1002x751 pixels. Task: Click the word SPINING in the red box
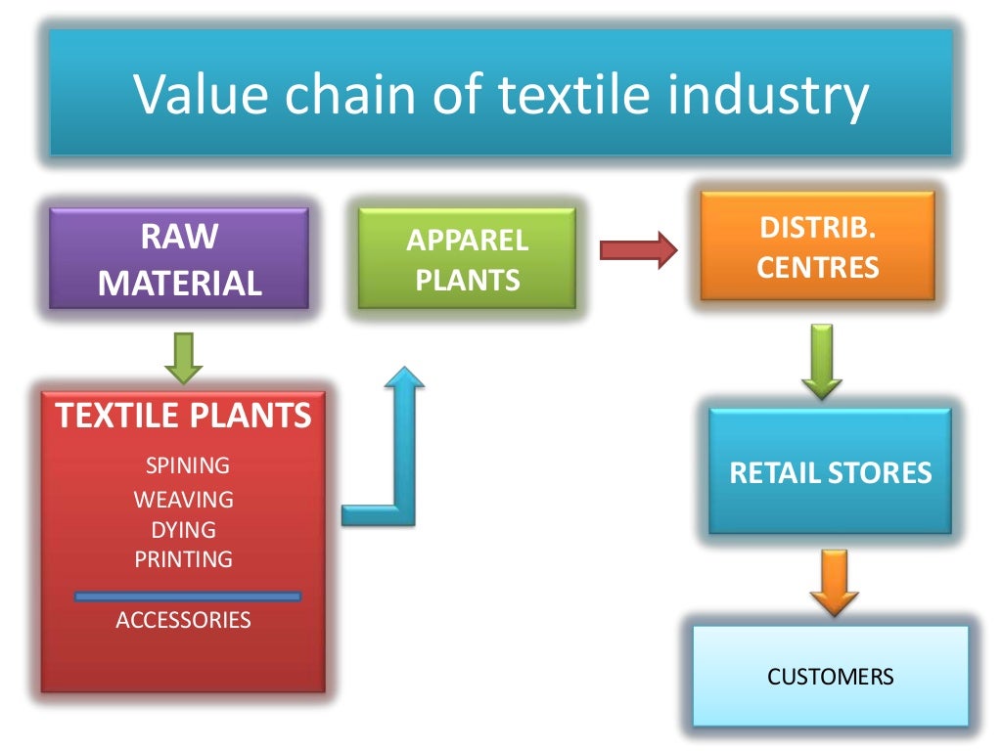pos(187,465)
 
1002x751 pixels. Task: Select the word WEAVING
pos(184,500)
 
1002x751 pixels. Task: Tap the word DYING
pos(183,530)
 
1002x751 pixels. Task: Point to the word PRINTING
pos(184,559)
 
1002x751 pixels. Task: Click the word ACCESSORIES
pos(183,620)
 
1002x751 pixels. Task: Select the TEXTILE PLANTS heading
pos(184,416)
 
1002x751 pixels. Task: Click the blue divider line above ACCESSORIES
pos(188,596)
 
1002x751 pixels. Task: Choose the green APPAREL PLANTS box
pos(467,260)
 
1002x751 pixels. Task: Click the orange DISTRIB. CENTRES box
pos(817,246)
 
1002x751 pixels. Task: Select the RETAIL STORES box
pos(830,473)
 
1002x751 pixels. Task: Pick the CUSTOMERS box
pos(830,677)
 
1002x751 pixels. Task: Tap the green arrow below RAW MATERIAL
pos(183,357)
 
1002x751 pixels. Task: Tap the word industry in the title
pos(772,95)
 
